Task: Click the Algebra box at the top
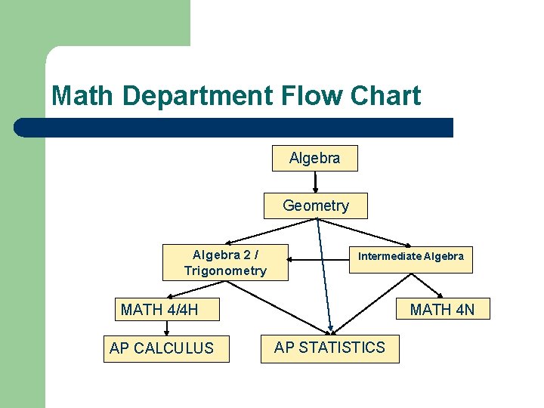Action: pos(315,159)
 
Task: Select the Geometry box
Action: pos(316,206)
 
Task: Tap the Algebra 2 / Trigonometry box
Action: pos(225,262)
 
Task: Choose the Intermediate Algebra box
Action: pos(410,256)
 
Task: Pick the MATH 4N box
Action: pos(442,308)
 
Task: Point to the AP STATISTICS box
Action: pos(329,348)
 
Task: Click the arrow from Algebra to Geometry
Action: pos(315,182)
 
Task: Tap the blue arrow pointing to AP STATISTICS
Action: pos(324,272)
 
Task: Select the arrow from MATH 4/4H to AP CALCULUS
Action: pos(166,326)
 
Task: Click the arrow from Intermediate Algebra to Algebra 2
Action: pos(317,261)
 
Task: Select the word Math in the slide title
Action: pos(83,96)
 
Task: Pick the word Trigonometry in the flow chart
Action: pos(225,270)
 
